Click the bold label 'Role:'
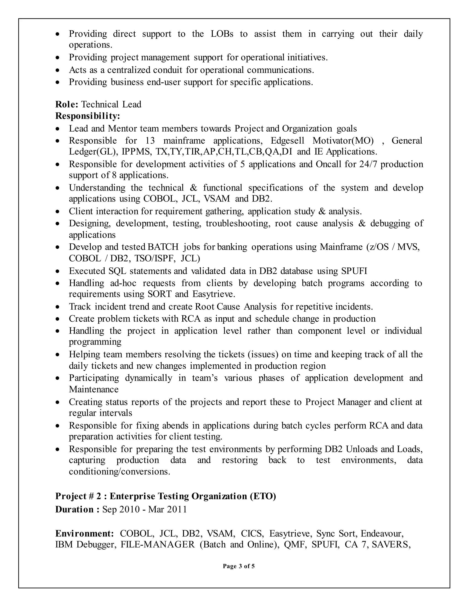[67, 104]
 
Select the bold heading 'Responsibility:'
[88, 116]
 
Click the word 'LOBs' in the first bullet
[222, 34]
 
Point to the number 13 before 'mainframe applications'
[150, 141]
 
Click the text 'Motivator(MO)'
[343, 141]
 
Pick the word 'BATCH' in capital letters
[163, 247]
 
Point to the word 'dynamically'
[149, 378]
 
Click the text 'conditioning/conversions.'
[120, 472]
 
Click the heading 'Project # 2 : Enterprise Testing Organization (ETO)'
[165, 496]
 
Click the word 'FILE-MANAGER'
[158, 544]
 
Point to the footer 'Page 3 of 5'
[238, 566]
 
